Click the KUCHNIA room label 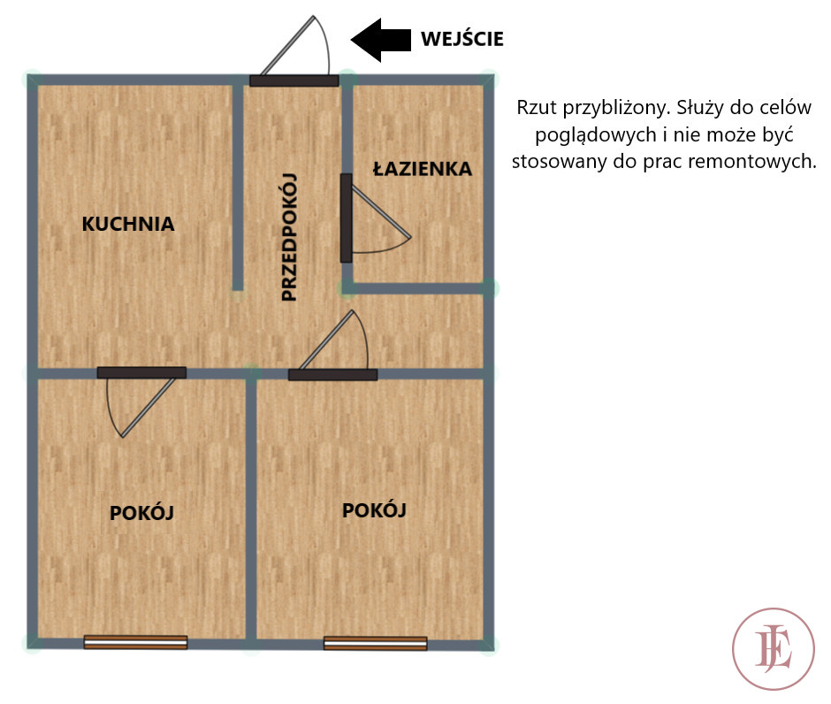128,224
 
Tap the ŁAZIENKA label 423,168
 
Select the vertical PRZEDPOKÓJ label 289,237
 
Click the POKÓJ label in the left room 141,513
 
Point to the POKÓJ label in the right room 374,510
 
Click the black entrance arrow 381,40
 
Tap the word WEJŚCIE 462,39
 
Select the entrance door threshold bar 294,80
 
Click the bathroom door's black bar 346,218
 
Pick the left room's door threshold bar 141,372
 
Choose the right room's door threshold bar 332,375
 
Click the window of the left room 135,642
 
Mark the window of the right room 375,644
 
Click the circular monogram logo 774,649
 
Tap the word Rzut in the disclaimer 537,108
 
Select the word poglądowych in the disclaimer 596,135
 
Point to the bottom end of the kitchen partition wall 238,290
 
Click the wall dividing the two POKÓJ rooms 251,509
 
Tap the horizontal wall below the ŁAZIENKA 417,288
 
